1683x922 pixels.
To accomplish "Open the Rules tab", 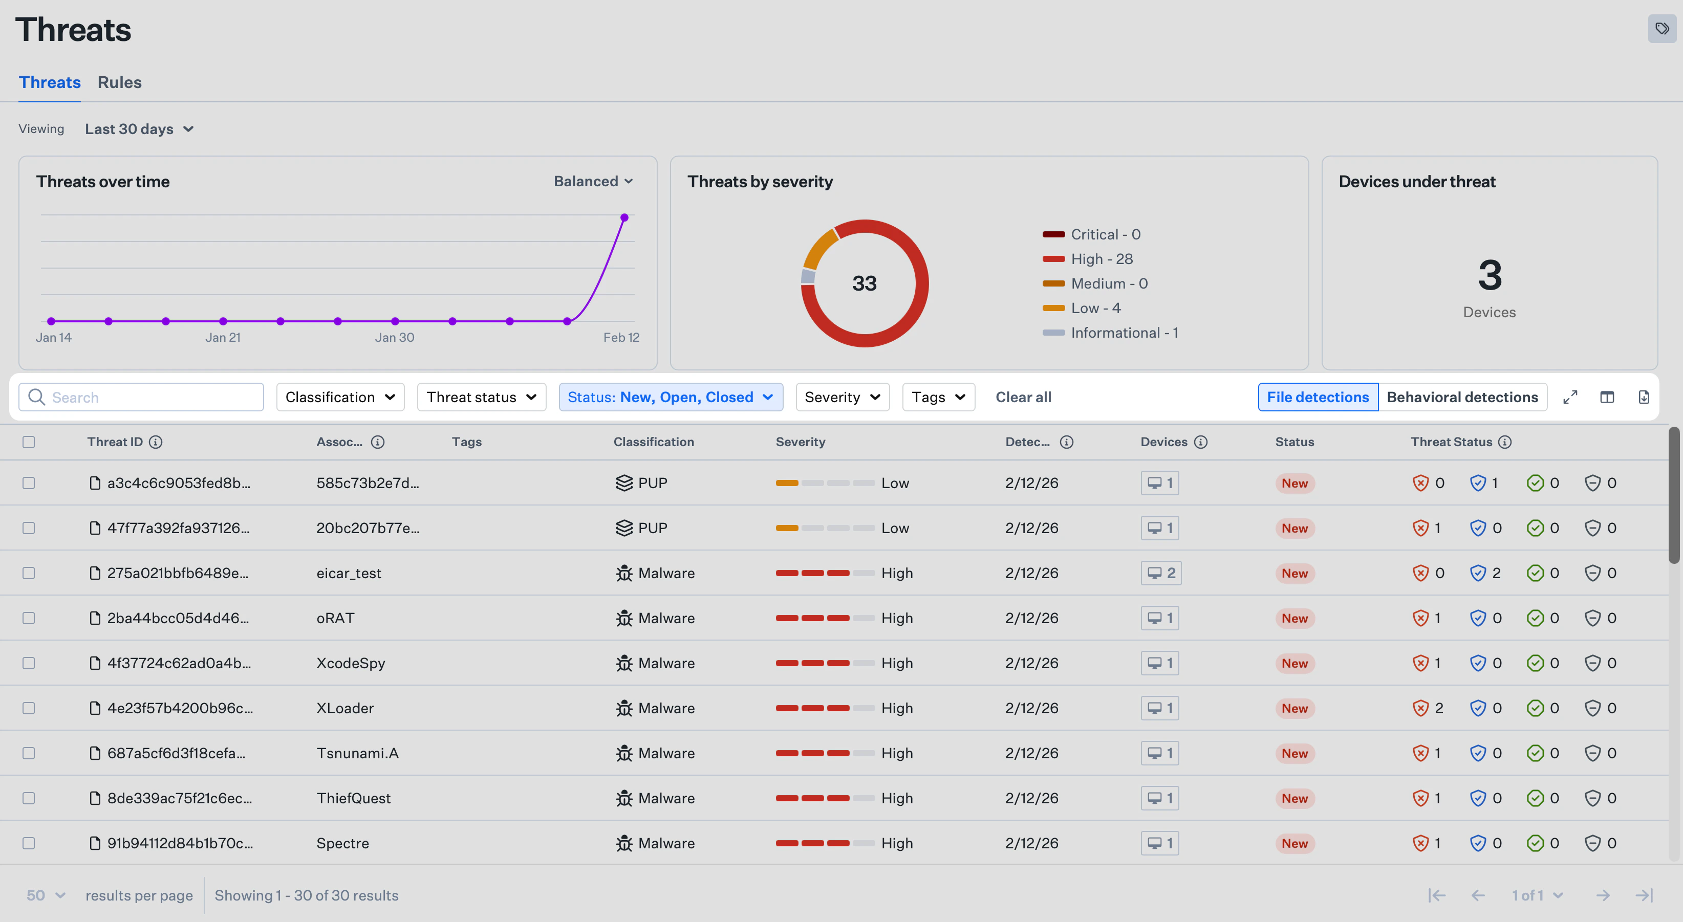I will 120,82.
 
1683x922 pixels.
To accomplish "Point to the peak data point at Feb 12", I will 624,217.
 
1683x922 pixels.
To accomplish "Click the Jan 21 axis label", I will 223,338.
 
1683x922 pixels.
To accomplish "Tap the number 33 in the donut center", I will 864,283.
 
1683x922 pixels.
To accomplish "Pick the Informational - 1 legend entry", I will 1124,333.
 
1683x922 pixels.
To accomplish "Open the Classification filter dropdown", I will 340,397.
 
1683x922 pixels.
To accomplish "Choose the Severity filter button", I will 842,397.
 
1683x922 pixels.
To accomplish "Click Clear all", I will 1023,397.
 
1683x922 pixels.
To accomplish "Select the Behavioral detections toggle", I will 1462,397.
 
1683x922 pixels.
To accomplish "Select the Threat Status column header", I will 1451,442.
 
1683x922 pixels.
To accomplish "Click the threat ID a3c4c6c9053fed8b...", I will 178,482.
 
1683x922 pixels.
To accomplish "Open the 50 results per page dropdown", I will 46,895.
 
